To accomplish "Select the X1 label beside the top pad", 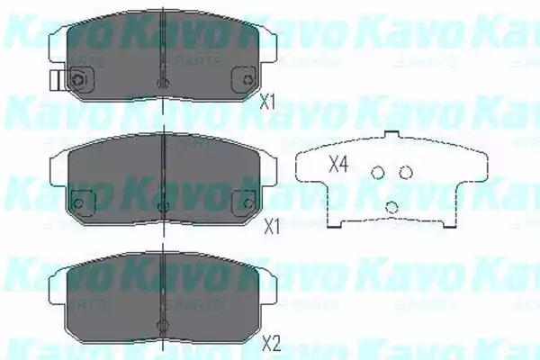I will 266,102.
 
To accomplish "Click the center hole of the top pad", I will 161,84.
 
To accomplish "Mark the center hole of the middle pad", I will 161,208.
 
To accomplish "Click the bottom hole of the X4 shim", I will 391,207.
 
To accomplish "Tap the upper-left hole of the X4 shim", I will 379,173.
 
